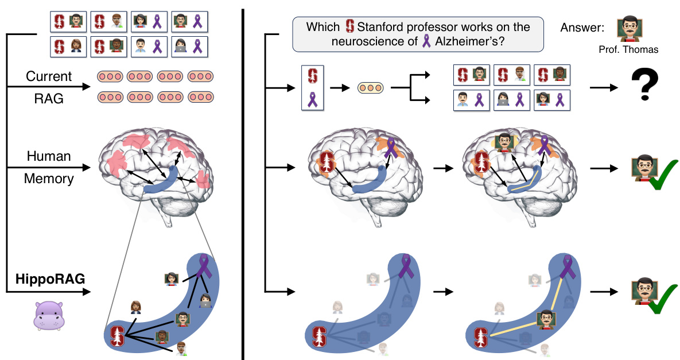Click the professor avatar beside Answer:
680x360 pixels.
tap(629, 28)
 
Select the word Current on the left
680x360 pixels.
tap(49, 76)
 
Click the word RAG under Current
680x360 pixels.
tap(50, 99)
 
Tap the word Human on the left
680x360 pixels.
tap(49, 156)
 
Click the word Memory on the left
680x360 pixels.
tap(49, 179)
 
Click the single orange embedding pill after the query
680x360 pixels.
tap(371, 88)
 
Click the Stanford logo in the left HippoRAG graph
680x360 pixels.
tap(118, 336)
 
